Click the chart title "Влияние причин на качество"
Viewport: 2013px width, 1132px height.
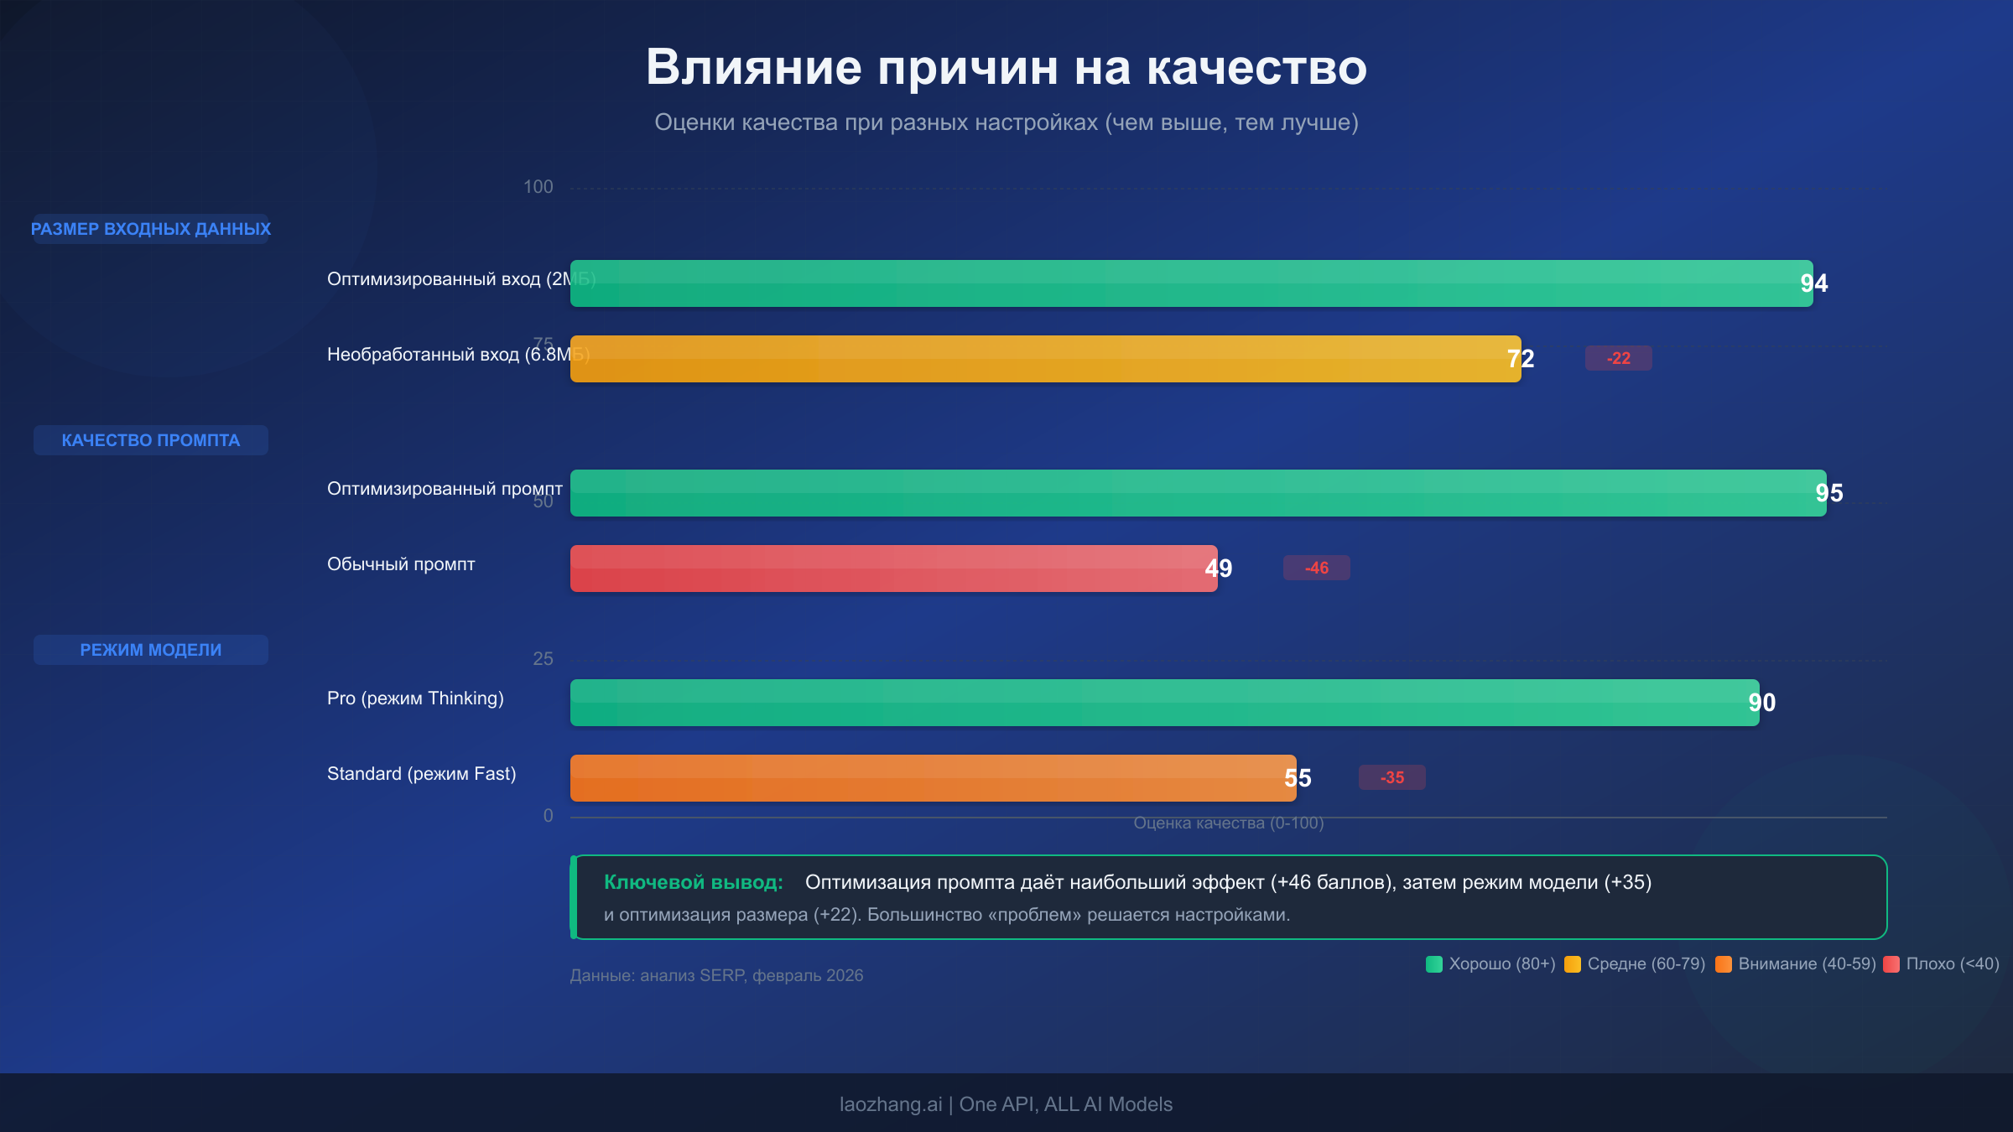1006,67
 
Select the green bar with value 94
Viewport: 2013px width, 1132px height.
1191,283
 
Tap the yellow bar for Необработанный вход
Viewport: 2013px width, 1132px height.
1045,359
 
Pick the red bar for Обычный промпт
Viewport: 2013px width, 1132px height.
893,569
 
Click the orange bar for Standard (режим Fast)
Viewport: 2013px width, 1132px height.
933,778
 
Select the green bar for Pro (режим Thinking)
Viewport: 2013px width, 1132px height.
1164,703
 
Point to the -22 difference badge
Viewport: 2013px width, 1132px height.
1618,358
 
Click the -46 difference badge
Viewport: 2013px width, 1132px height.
1316,568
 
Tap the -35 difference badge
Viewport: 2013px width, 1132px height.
1391,777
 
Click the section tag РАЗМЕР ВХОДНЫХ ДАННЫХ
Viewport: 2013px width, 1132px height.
151,229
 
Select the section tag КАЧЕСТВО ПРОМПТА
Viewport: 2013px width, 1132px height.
151,440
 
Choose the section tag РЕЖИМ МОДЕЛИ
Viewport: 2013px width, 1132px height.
151,650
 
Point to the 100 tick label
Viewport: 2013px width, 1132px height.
538,187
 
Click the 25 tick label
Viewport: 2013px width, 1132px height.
543,659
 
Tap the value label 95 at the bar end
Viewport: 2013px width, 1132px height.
1828,493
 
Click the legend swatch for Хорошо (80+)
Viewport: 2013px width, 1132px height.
1434,964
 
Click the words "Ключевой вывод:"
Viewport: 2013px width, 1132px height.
693,882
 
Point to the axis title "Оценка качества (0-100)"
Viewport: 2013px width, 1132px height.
1228,823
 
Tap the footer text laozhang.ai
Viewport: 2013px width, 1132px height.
890,1104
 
